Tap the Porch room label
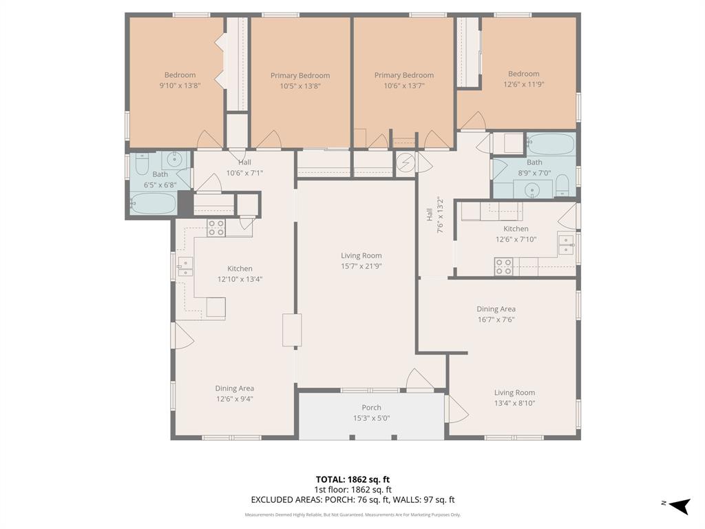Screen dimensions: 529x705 pos(371,408)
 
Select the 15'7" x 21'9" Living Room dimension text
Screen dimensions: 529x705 pos(361,266)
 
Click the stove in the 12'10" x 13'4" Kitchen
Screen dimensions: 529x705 pos(216,228)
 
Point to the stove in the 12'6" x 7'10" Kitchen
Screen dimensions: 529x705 pos(503,267)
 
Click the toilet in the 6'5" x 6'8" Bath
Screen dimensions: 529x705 pos(142,164)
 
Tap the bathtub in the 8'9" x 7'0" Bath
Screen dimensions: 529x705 pos(551,145)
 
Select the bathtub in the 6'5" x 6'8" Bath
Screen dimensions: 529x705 pos(154,204)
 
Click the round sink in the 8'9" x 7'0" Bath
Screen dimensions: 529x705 pos(532,189)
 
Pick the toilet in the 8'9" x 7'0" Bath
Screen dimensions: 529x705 pos(562,185)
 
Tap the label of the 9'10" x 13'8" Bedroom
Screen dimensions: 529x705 pos(180,75)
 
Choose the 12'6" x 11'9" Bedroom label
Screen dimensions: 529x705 pos(524,74)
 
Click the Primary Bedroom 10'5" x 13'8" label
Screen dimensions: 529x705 pos(300,76)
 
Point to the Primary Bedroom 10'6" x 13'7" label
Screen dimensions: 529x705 pos(404,75)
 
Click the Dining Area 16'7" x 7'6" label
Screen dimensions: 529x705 pos(496,309)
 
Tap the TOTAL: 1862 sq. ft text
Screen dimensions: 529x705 pos(352,479)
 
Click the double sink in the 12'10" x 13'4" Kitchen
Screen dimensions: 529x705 pos(185,267)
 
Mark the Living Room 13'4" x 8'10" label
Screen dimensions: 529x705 pos(514,393)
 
